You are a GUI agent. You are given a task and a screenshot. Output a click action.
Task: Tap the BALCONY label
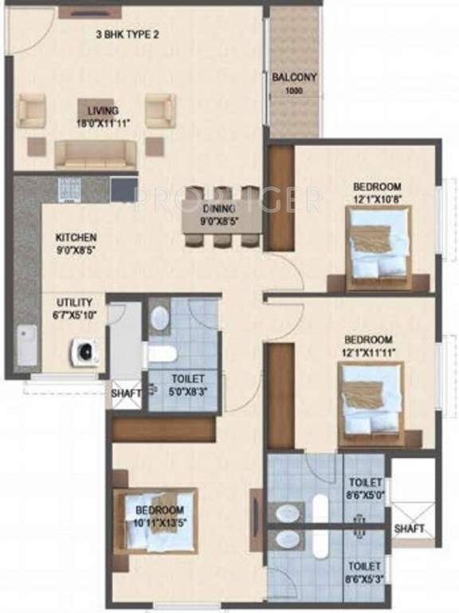pyautogui.click(x=294, y=77)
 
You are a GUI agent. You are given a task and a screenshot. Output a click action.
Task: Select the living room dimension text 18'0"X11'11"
pyautogui.click(x=99, y=123)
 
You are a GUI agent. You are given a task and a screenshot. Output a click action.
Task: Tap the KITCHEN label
pyautogui.click(x=76, y=238)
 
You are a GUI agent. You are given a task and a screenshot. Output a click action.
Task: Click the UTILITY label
pyautogui.click(x=74, y=303)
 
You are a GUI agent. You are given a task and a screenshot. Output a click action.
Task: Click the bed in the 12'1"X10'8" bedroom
pyautogui.click(x=379, y=243)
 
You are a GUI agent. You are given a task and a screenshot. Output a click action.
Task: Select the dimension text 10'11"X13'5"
pyautogui.click(x=159, y=521)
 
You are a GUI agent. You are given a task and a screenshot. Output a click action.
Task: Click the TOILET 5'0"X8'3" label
pyautogui.click(x=187, y=379)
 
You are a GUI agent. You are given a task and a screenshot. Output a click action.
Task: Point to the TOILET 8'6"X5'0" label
pyautogui.click(x=366, y=484)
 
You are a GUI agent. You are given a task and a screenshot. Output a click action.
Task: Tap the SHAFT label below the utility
pyautogui.click(x=125, y=393)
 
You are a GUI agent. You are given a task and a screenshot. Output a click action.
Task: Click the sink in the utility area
pyautogui.click(x=27, y=346)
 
